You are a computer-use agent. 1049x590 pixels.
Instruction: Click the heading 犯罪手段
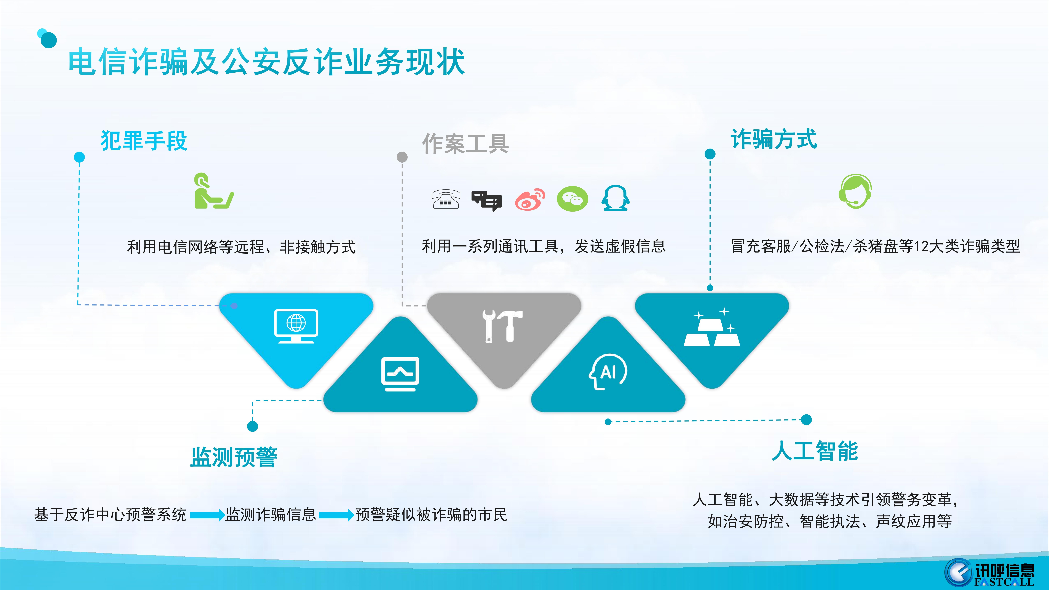[x=144, y=141]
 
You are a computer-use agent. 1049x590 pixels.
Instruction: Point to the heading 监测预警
[x=234, y=457]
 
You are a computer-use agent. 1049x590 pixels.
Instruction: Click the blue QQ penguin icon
[x=615, y=198]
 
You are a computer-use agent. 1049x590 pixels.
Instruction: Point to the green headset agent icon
[x=855, y=191]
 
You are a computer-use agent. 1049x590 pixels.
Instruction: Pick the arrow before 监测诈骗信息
[x=207, y=515]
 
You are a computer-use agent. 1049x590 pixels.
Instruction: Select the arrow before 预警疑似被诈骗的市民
[x=336, y=515]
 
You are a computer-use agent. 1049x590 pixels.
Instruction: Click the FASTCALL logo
[x=989, y=572]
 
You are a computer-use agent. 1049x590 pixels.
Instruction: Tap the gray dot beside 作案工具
[x=402, y=157]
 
